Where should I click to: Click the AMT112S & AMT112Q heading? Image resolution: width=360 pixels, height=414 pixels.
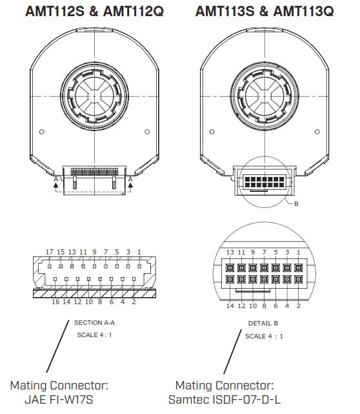(94, 11)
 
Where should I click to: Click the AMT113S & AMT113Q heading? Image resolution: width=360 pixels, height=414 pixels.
(265, 11)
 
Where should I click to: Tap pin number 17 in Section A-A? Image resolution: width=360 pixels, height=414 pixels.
(49, 252)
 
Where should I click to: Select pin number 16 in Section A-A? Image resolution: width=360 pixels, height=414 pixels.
(55, 302)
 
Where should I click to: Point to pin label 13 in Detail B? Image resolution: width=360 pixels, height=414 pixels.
(230, 253)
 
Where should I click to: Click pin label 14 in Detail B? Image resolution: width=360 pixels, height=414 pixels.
(230, 305)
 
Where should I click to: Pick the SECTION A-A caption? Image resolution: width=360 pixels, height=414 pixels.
(94, 323)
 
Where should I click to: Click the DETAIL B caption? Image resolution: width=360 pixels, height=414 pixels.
(263, 324)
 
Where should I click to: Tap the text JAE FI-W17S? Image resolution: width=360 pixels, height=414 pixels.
(59, 400)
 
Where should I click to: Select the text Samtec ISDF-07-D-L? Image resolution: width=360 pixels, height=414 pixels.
(225, 400)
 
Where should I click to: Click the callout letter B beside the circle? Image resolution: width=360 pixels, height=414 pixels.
(296, 204)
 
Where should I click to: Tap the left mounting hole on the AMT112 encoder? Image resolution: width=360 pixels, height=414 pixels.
(41, 132)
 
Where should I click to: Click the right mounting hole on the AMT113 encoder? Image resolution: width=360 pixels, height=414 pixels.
(317, 132)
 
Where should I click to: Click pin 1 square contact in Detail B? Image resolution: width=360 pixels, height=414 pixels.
(298, 268)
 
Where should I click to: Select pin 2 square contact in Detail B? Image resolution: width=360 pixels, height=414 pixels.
(298, 280)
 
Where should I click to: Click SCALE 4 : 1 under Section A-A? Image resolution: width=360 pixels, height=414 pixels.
(94, 335)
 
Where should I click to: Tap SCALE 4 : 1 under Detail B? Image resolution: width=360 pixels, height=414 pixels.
(264, 336)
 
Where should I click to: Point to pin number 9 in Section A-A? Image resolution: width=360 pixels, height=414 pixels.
(94, 252)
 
